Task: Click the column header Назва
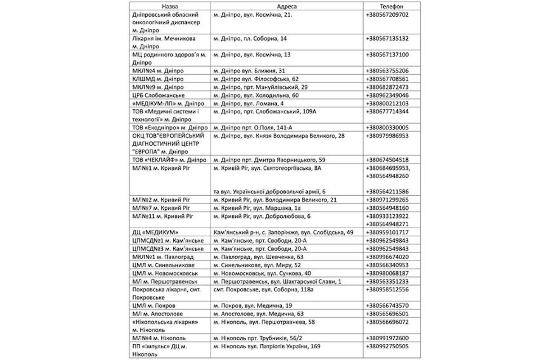click(x=169, y=6)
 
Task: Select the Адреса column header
click(x=288, y=6)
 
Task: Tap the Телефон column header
click(x=391, y=6)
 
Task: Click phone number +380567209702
click(x=388, y=14)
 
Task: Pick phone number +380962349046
click(x=388, y=95)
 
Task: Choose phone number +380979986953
click(x=388, y=135)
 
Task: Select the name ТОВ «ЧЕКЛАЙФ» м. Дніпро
click(x=169, y=160)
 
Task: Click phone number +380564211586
click(x=388, y=192)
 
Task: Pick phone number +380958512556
click(x=388, y=289)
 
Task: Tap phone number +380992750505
click(x=388, y=346)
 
